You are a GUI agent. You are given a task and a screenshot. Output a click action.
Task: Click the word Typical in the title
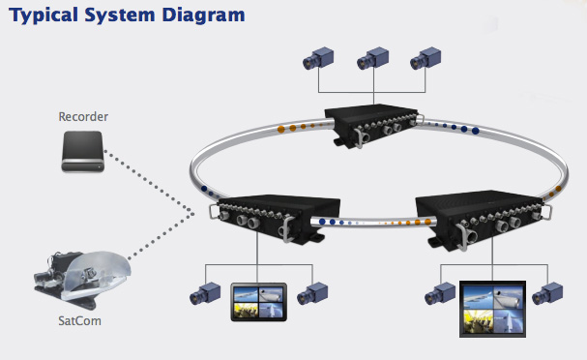(x=44, y=15)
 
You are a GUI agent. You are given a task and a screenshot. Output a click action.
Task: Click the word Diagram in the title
(x=203, y=15)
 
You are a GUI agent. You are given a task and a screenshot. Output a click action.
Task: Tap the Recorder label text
(x=83, y=116)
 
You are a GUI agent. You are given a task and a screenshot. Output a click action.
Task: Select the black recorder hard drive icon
(x=83, y=151)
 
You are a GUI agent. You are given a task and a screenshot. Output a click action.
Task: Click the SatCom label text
(x=79, y=321)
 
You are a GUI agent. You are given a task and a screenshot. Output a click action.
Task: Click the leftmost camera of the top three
(x=318, y=58)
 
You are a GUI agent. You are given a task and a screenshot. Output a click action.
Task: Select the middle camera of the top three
(x=372, y=58)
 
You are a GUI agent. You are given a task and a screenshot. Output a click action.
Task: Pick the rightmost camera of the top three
(x=426, y=58)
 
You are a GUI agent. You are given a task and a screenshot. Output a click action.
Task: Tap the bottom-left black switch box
(x=276, y=219)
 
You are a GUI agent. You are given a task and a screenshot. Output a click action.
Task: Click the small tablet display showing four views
(x=258, y=302)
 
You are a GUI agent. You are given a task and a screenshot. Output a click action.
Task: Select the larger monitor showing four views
(x=492, y=309)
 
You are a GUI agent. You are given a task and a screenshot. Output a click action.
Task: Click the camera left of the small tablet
(x=205, y=293)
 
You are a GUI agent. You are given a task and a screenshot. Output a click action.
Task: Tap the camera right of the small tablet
(x=312, y=293)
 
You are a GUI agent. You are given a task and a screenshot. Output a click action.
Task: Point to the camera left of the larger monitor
(x=440, y=293)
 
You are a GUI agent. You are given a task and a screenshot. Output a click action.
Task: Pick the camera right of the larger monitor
(x=547, y=293)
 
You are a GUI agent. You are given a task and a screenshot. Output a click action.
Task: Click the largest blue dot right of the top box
(x=476, y=131)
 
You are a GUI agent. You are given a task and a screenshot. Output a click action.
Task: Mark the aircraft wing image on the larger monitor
(x=478, y=296)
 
